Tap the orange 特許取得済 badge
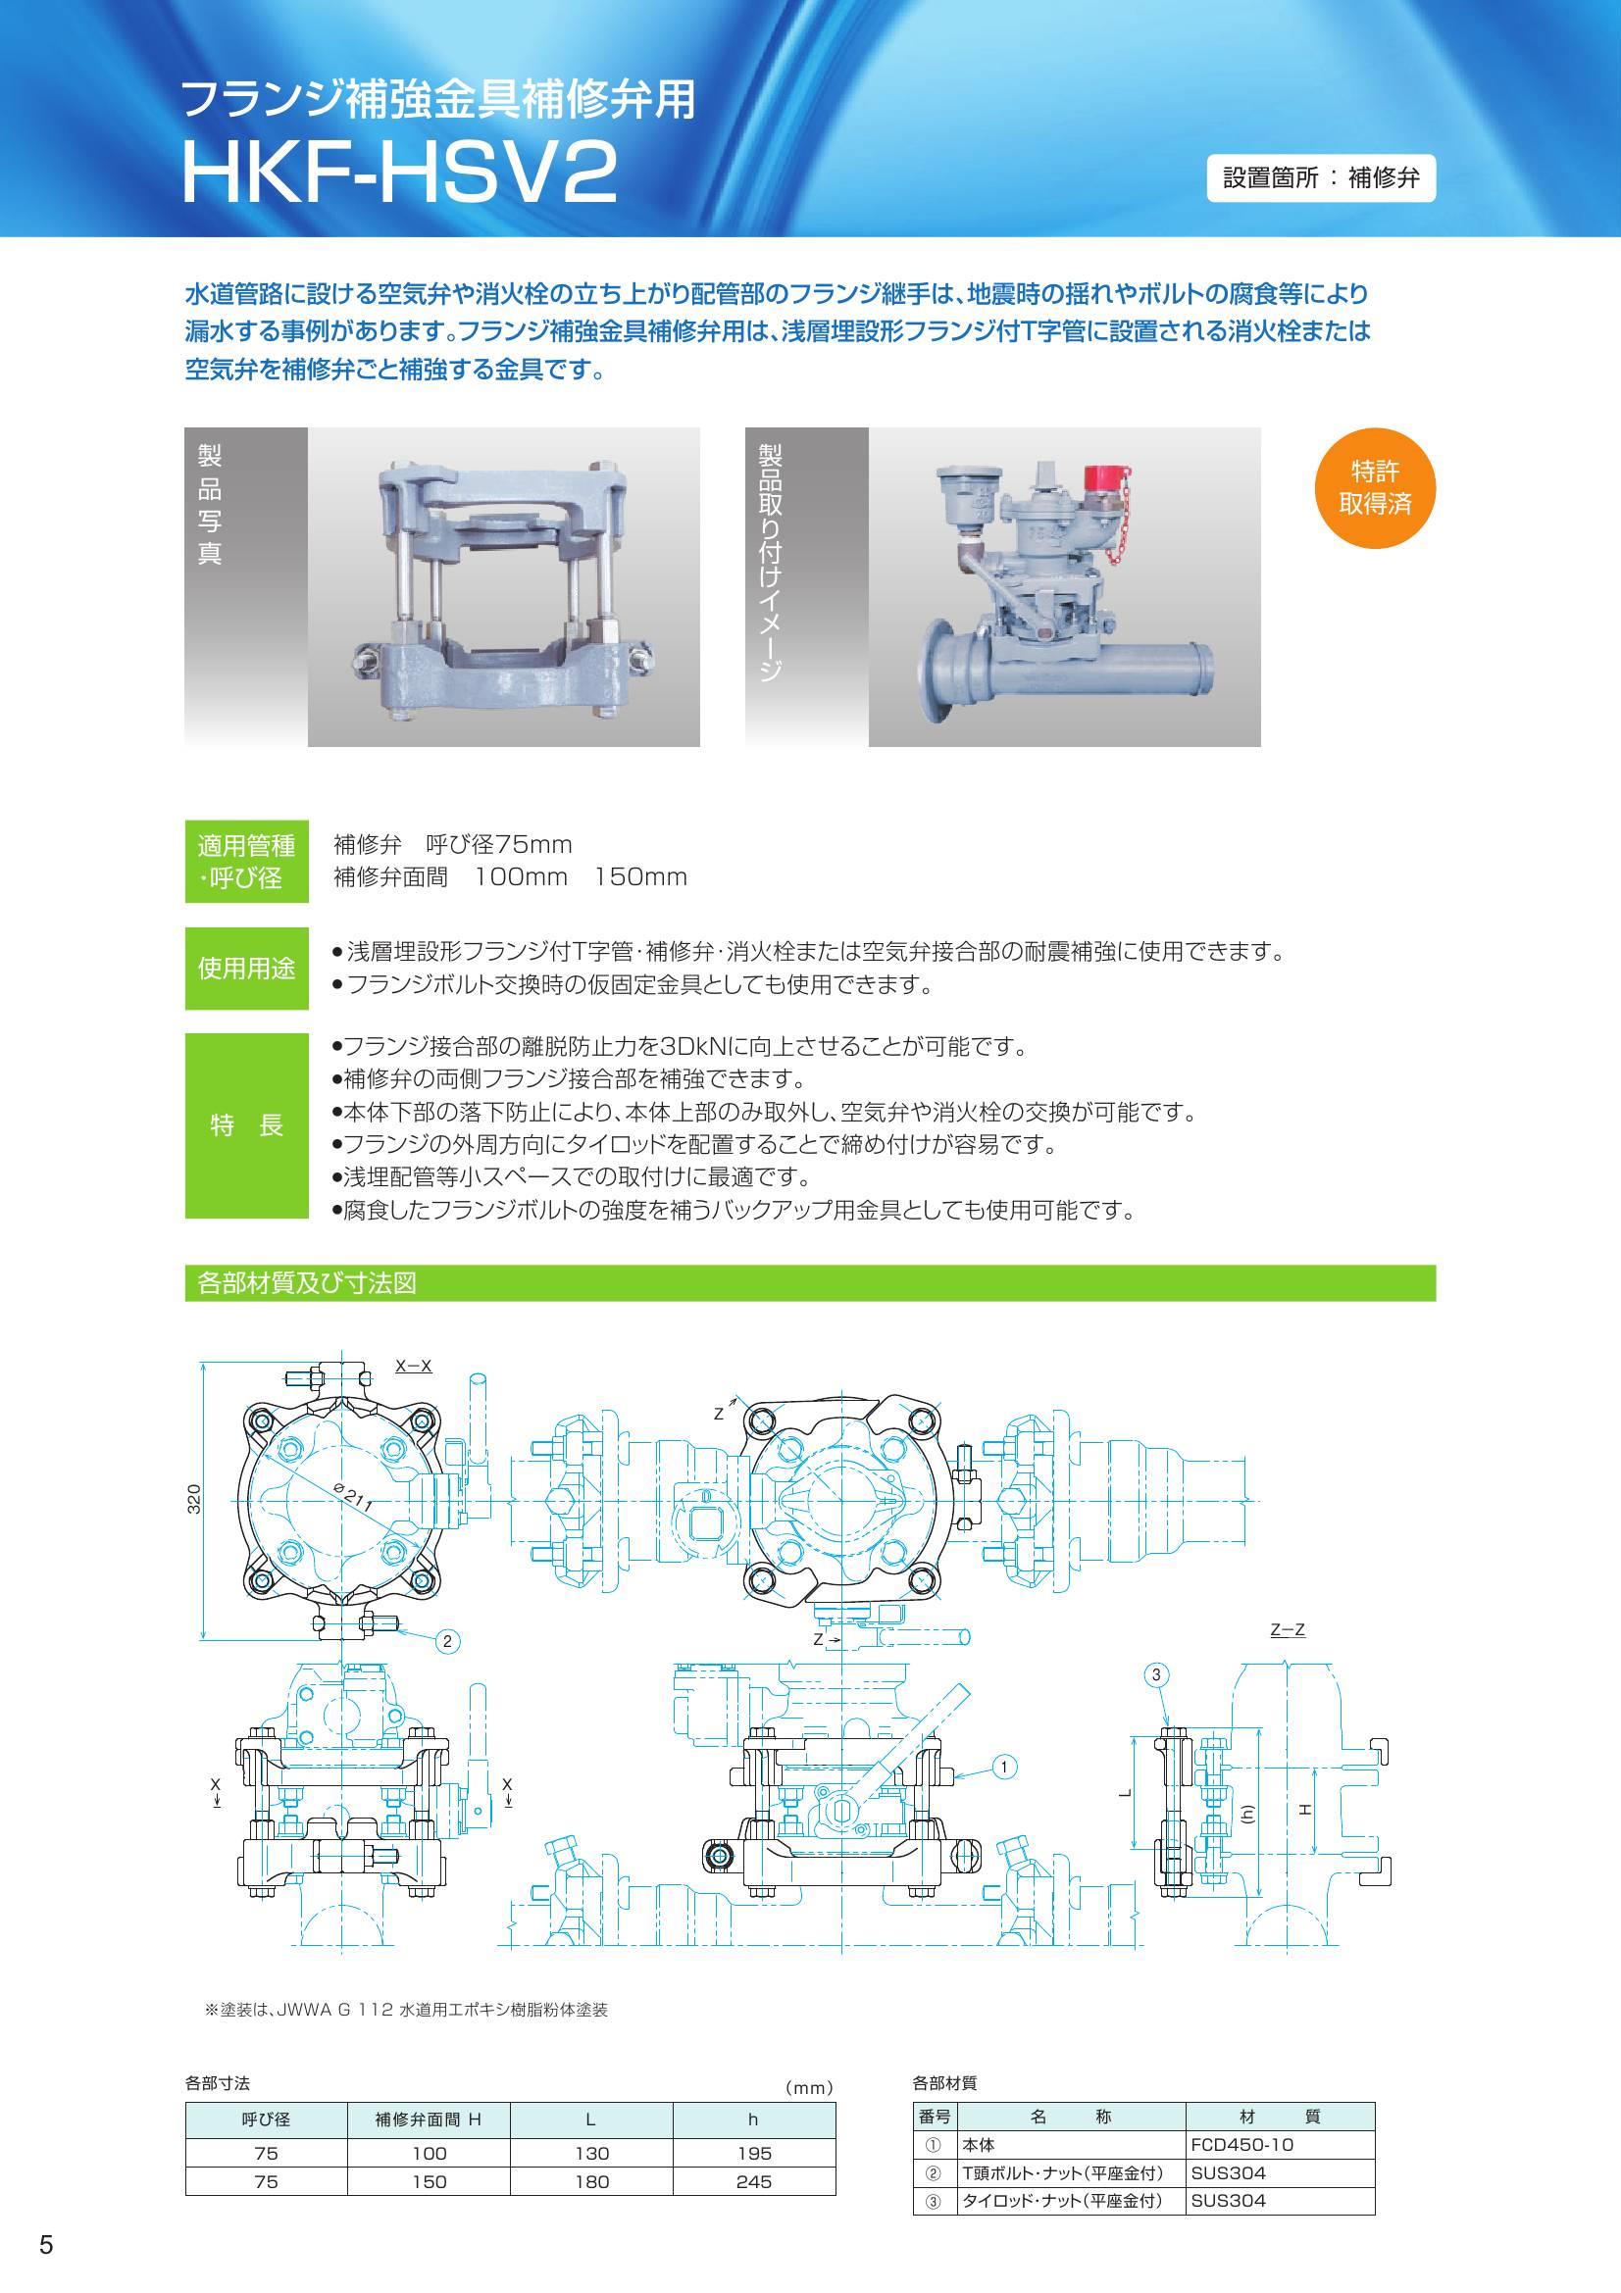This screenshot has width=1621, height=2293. (1375, 487)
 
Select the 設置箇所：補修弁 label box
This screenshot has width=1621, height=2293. (1320, 178)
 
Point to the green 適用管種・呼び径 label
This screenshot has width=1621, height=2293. (246, 862)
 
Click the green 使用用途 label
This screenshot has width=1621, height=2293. (246, 968)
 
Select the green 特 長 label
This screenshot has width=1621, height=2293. (246, 1125)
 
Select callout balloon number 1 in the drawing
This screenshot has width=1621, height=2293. (1005, 1767)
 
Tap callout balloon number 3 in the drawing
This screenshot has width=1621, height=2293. (1155, 1674)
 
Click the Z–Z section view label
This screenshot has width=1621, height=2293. (1288, 1630)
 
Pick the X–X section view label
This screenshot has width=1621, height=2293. (414, 1366)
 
